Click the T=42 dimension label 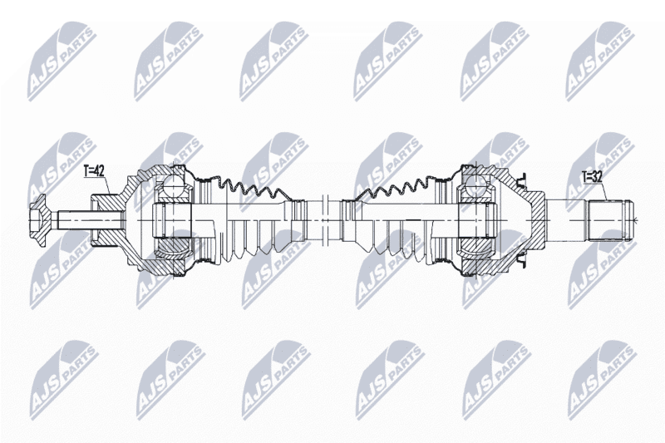coord(94,171)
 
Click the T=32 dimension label coord(592,177)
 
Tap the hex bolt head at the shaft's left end coord(40,220)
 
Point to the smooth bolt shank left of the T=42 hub coord(75,220)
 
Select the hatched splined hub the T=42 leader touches coord(106,220)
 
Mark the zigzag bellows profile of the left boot coord(251,188)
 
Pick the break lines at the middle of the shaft coord(326,220)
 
